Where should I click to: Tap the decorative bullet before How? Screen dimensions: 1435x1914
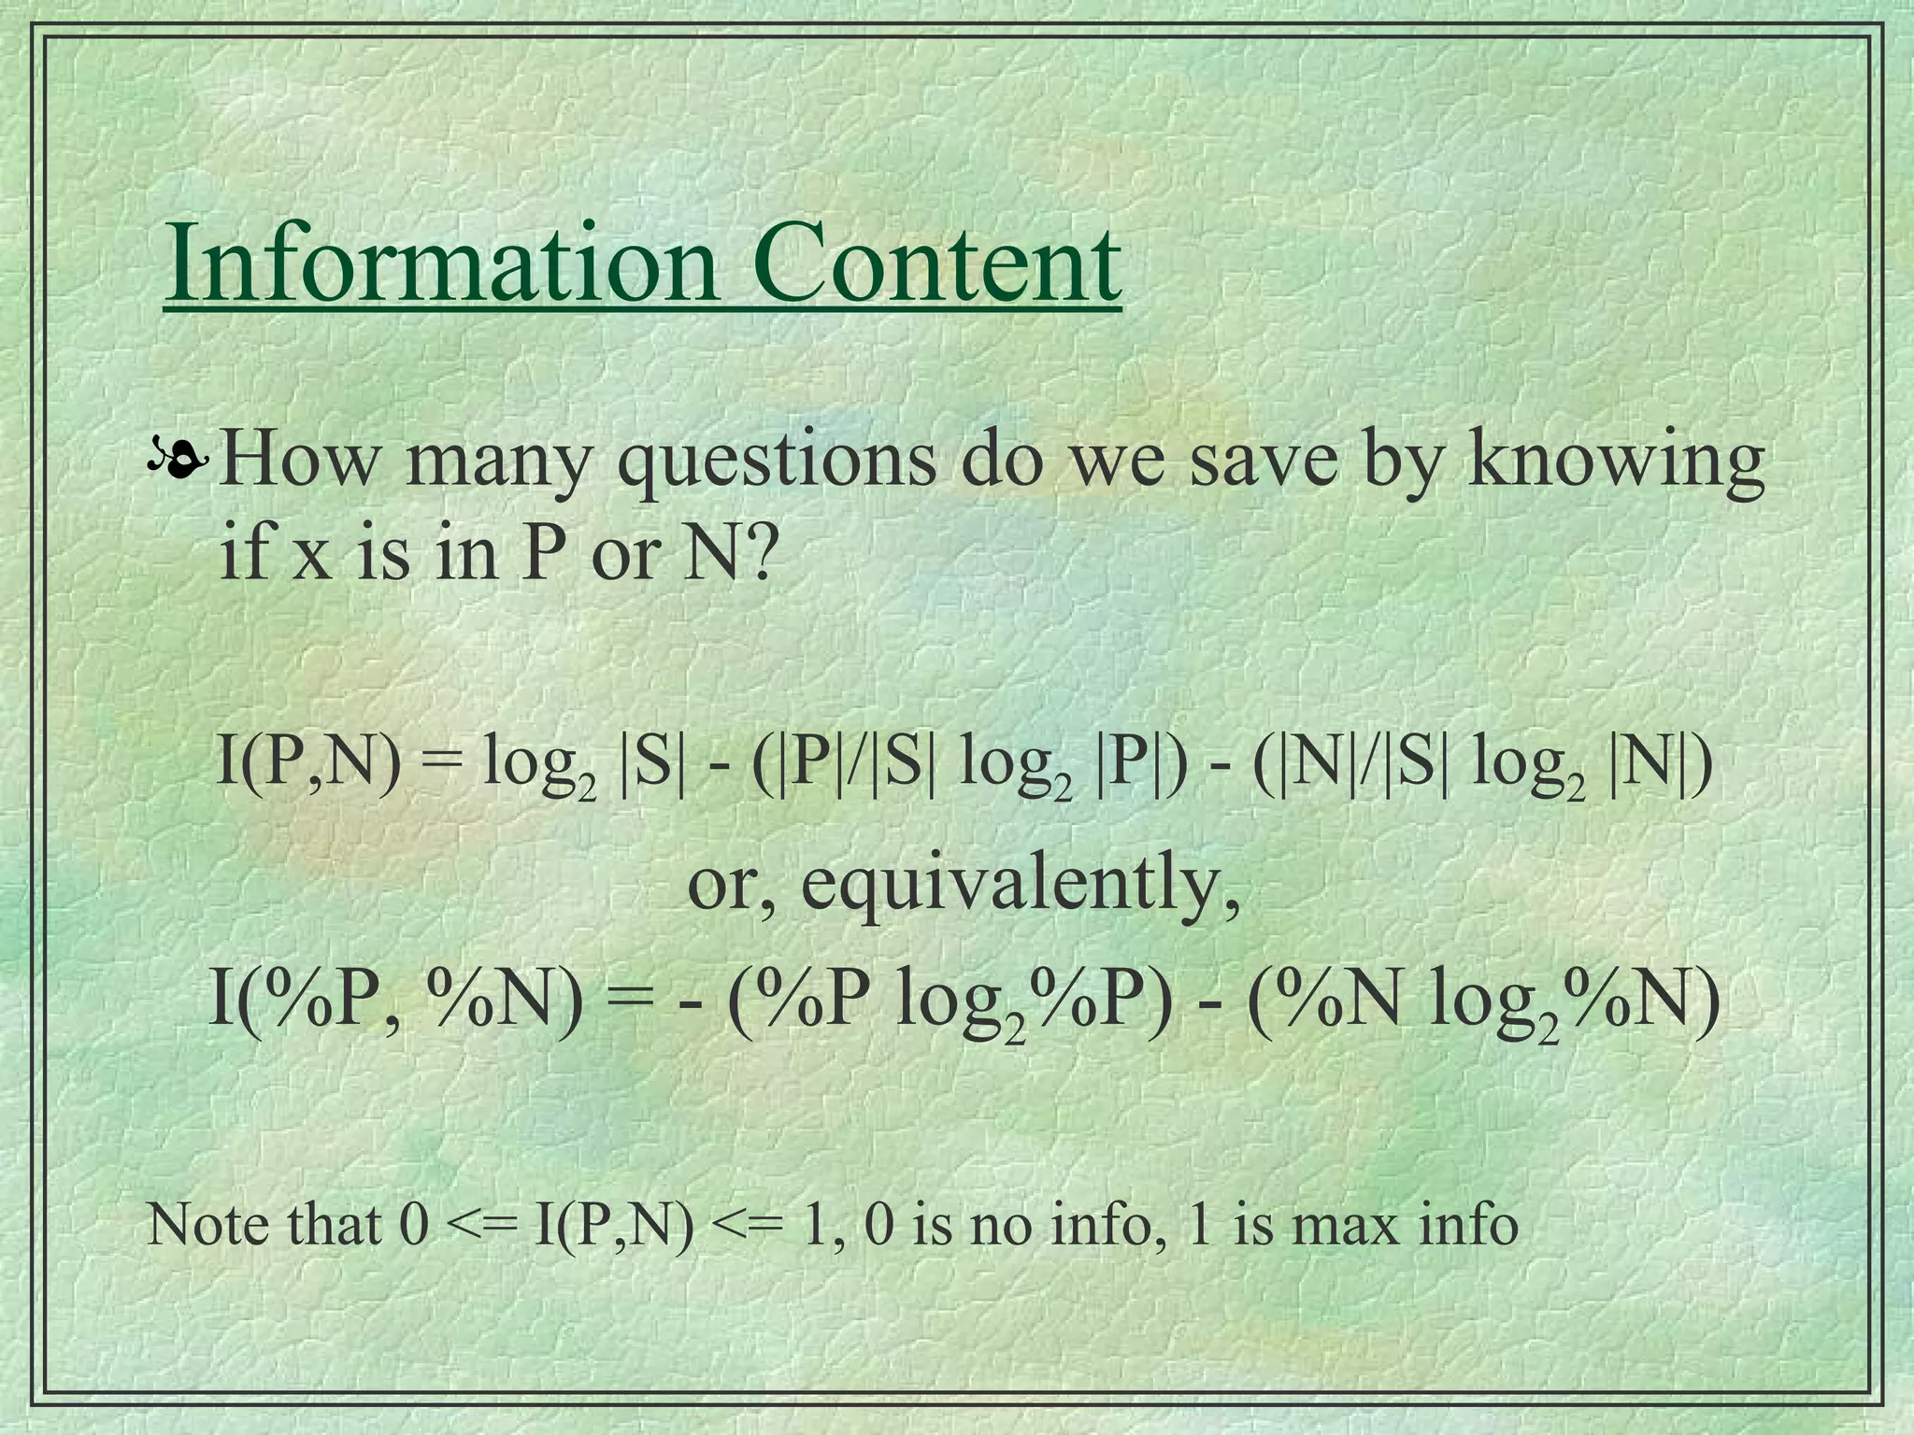(x=177, y=458)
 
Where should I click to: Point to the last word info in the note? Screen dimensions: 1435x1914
(x=1468, y=1224)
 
